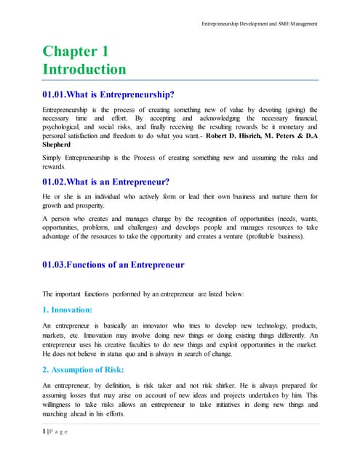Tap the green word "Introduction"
[84, 70]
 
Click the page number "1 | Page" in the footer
[55, 432]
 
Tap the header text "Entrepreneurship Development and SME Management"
[260, 25]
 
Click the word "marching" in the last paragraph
[58, 413]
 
